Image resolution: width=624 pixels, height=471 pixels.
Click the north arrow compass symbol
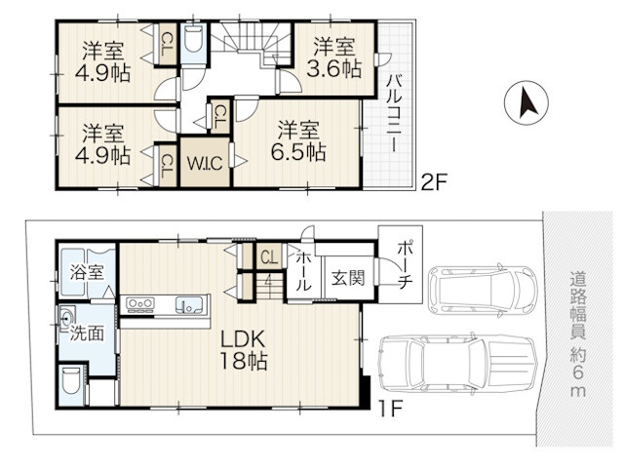click(x=526, y=103)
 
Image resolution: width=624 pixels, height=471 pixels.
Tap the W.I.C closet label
click(x=205, y=163)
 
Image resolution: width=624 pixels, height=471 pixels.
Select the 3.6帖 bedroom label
click(x=333, y=58)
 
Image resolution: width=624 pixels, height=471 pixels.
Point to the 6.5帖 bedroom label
click(x=298, y=140)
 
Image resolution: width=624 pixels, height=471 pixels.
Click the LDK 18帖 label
click(x=243, y=350)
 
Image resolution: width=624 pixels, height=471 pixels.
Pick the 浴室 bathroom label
click(x=87, y=272)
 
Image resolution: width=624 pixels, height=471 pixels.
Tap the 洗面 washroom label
click(x=87, y=334)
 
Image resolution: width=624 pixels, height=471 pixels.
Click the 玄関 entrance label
click(x=349, y=278)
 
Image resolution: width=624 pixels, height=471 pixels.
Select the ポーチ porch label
click(x=405, y=265)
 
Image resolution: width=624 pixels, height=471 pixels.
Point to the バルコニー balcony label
click(x=394, y=113)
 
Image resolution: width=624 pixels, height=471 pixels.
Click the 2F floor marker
click(x=435, y=183)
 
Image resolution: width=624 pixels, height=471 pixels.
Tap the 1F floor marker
click(x=390, y=409)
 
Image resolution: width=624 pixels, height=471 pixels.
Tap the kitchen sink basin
click(x=188, y=305)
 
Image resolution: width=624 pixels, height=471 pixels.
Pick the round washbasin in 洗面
click(x=66, y=318)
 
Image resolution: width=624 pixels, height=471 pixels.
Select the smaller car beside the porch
click(x=483, y=291)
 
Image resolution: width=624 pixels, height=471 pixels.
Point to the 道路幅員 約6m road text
click(x=577, y=334)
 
